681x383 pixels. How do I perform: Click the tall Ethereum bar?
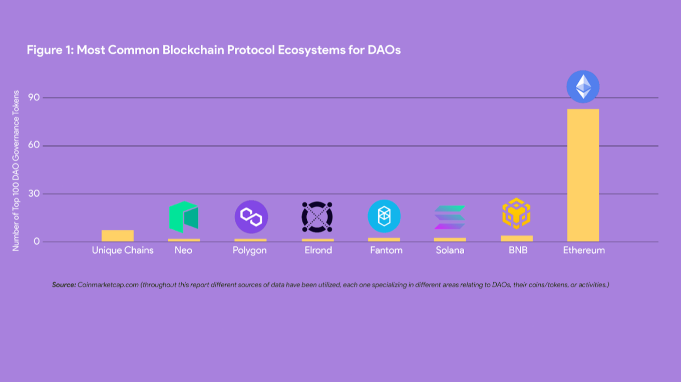pyautogui.click(x=583, y=175)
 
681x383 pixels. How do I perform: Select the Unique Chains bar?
pyautogui.click(x=118, y=236)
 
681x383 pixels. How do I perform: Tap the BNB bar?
pyautogui.click(x=517, y=238)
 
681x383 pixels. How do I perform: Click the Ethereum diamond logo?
pyautogui.click(x=583, y=87)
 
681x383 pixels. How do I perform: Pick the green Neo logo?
pyautogui.click(x=184, y=216)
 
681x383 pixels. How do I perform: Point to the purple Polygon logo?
pyautogui.click(x=251, y=216)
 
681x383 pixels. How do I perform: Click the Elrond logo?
pyautogui.click(x=317, y=216)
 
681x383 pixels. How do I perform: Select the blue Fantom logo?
pyautogui.click(x=384, y=216)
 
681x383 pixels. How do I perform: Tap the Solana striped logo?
pyautogui.click(x=450, y=217)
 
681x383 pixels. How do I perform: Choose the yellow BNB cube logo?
pyautogui.click(x=517, y=213)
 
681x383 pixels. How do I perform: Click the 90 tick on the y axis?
pyautogui.click(x=34, y=97)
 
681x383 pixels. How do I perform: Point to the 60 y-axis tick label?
pyautogui.click(x=34, y=145)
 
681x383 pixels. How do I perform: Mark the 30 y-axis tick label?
pyautogui.click(x=34, y=193)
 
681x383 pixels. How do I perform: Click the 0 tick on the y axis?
pyautogui.click(x=37, y=241)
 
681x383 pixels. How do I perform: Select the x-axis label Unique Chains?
pyautogui.click(x=123, y=250)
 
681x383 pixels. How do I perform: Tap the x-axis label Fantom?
pyautogui.click(x=386, y=250)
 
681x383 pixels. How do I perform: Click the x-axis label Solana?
pyautogui.click(x=450, y=250)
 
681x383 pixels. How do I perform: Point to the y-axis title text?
pyautogui.click(x=16, y=171)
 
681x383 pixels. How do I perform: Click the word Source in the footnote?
pyautogui.click(x=64, y=284)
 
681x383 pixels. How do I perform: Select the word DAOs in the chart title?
pyautogui.click(x=384, y=50)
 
